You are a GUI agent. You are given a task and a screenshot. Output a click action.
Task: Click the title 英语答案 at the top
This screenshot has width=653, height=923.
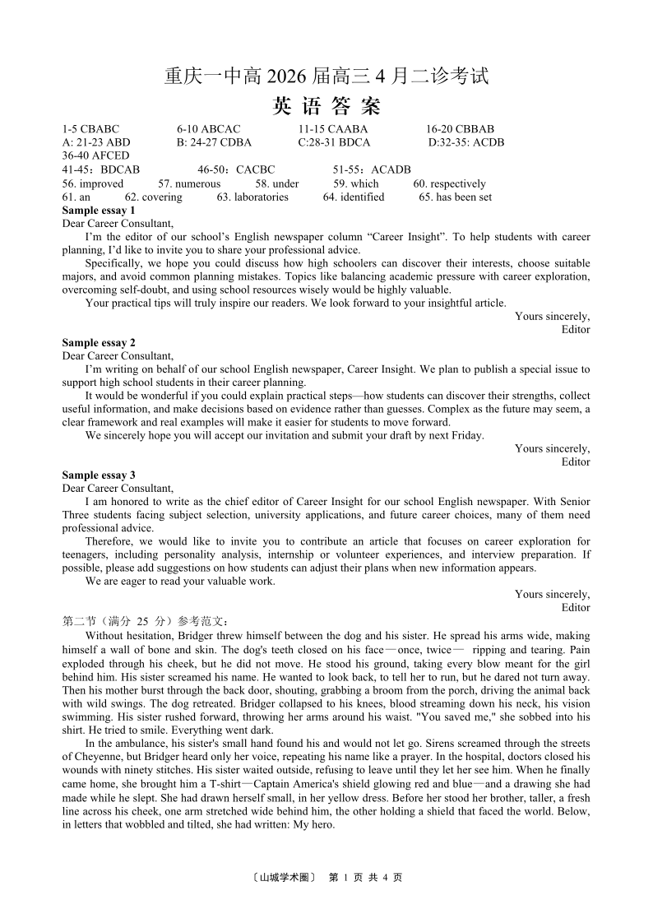(x=326, y=106)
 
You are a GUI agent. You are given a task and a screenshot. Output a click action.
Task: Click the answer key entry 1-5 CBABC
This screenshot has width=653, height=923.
(x=90, y=129)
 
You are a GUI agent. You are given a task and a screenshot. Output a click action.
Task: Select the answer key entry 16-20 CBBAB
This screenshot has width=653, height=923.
(x=460, y=129)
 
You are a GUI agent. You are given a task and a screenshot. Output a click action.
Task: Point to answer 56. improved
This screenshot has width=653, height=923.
(x=92, y=183)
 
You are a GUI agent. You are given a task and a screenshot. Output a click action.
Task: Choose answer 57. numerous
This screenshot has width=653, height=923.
(x=189, y=183)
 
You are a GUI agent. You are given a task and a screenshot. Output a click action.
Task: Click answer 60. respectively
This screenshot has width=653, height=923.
(x=449, y=183)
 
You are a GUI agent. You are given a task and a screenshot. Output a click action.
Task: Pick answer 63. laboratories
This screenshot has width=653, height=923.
(x=252, y=197)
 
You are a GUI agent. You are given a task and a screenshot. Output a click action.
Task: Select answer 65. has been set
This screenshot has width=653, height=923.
(x=455, y=197)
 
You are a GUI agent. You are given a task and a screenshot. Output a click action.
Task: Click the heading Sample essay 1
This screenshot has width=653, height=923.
(x=99, y=210)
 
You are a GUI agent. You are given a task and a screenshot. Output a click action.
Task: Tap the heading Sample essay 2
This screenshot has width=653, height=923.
(x=99, y=342)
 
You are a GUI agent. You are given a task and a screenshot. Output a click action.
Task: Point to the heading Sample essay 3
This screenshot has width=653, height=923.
(x=99, y=475)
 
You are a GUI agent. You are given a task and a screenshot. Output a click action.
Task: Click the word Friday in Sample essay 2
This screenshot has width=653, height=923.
(x=466, y=435)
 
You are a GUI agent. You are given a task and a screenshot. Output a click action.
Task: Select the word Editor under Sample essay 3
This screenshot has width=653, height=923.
(x=576, y=607)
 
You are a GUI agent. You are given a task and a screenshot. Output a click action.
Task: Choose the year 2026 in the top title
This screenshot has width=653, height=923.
(x=288, y=77)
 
